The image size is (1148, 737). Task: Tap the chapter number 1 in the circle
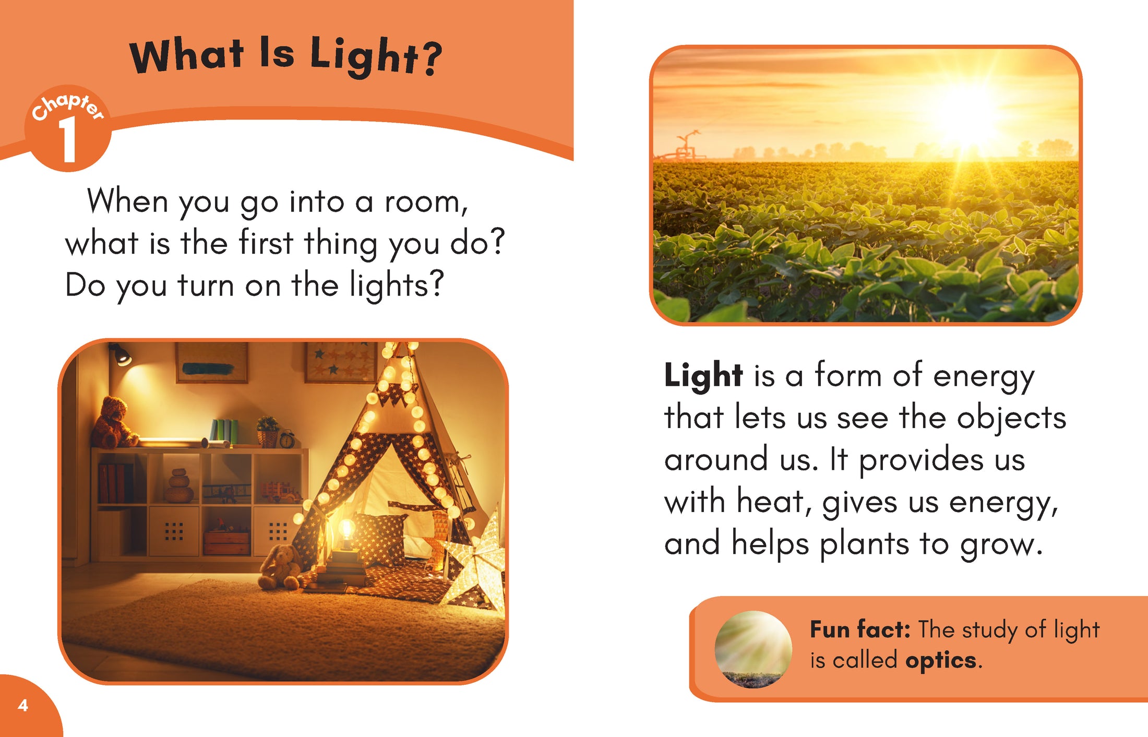[x=68, y=139]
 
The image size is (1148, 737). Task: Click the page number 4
[x=23, y=705]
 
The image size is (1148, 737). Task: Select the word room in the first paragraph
[x=426, y=202]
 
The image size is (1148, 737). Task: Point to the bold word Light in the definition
[x=703, y=376]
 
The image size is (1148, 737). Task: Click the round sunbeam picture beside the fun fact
[x=753, y=649]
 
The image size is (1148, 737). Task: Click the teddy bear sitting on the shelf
[x=113, y=423]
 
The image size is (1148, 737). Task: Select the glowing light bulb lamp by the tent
[x=345, y=536]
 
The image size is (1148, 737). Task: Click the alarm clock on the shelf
[x=286, y=438]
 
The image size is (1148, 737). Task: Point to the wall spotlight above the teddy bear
[x=120, y=354]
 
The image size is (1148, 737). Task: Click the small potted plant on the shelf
[x=268, y=431]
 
